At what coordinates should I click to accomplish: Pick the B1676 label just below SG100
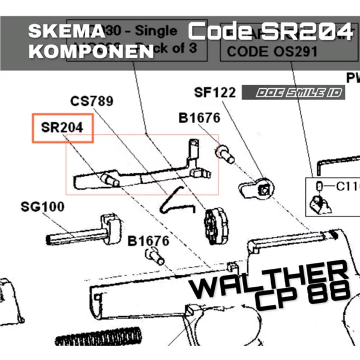click(149, 241)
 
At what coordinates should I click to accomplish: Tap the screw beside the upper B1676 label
click(224, 152)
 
